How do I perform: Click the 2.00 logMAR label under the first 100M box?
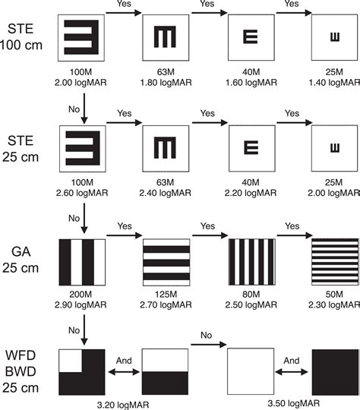click(81, 83)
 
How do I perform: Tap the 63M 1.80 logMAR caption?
click(166, 77)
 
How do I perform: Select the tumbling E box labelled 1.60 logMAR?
click(251, 38)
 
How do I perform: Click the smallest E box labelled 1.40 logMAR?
click(334, 38)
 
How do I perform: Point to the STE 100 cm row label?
click(21, 36)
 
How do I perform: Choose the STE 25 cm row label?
click(21, 149)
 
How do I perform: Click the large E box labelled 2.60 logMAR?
click(83, 149)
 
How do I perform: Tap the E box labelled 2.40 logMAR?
click(166, 149)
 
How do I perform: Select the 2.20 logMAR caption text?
click(251, 193)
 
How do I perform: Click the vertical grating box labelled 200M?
click(82, 262)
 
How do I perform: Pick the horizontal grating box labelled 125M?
click(166, 262)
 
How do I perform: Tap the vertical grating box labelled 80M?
click(252, 262)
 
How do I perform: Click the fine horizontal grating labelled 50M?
click(335, 262)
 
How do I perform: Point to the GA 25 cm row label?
click(21, 260)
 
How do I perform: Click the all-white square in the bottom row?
click(251, 371)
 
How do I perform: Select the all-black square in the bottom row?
click(335, 372)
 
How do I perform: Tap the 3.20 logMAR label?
click(123, 405)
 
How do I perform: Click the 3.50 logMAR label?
click(294, 403)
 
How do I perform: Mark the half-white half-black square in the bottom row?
click(165, 371)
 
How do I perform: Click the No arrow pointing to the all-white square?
click(209, 345)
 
